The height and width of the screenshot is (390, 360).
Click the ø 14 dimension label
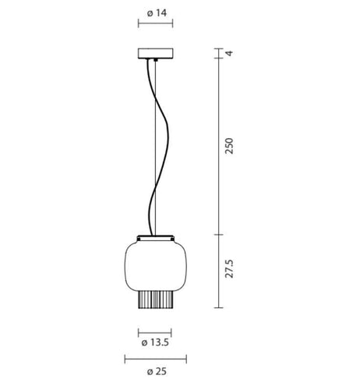157,12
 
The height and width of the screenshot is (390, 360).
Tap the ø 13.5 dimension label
155,342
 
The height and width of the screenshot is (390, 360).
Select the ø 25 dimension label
157,371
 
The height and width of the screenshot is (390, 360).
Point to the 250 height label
229,146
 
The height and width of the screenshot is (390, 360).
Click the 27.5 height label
229,268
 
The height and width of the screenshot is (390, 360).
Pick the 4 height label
230,53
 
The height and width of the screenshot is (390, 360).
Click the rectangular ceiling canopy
156,53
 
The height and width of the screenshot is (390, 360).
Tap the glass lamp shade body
156,265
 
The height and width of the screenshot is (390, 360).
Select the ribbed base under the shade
155,300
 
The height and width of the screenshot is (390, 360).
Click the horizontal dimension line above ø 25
156,360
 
